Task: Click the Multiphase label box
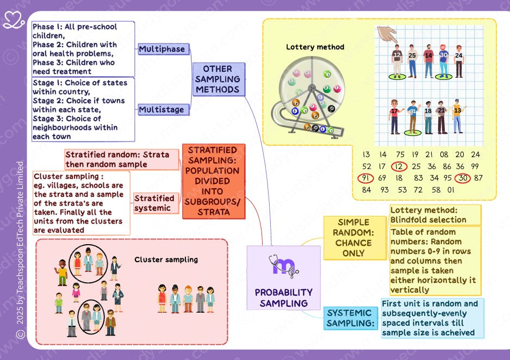[161, 49]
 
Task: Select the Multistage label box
[161, 110]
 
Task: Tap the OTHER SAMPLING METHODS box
[217, 79]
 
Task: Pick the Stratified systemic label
[154, 203]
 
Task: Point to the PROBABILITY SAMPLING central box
[283, 278]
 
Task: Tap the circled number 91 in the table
[366, 178]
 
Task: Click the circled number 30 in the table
[463, 178]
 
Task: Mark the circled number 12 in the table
[400, 166]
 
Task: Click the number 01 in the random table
[451, 190]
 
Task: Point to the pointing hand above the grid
[388, 35]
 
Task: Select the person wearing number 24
[459, 61]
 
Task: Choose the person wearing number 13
[457, 116]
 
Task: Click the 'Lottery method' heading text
[315, 47]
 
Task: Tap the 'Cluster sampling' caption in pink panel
[166, 260]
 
